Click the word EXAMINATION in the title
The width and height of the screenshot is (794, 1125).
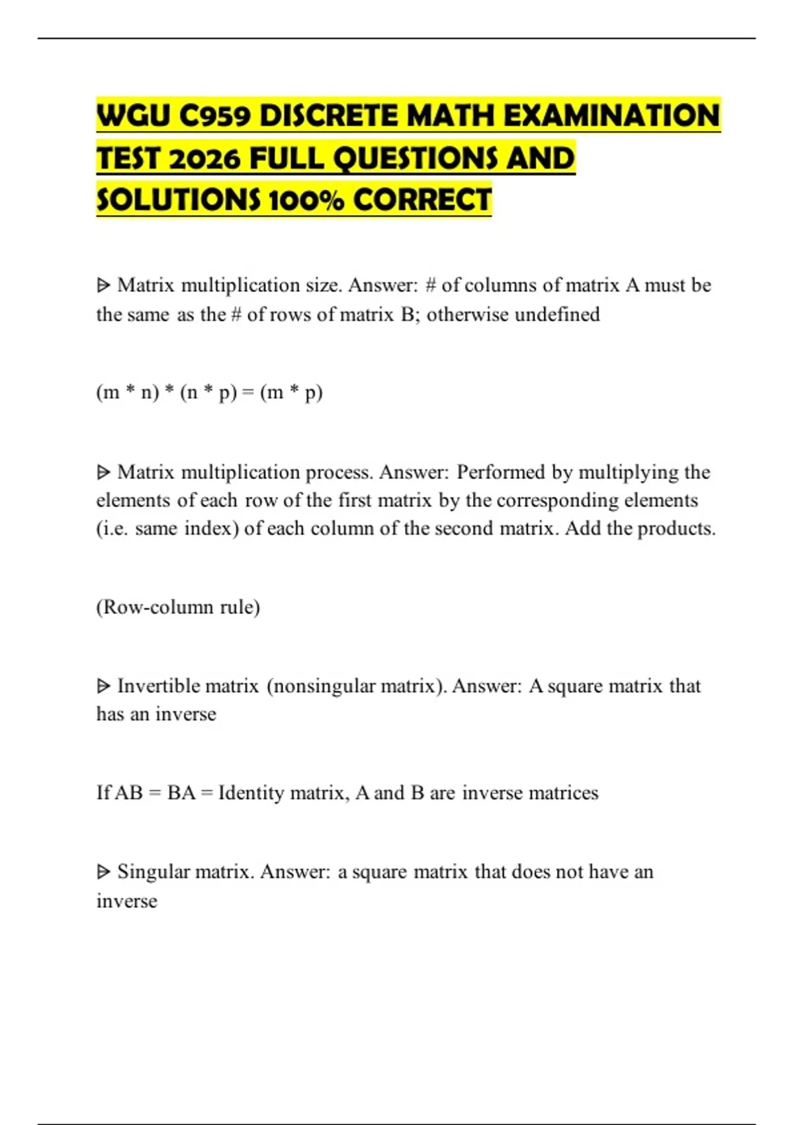click(x=611, y=116)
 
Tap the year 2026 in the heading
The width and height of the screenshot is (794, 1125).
click(x=204, y=159)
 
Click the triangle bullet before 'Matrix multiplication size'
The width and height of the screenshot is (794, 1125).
click(x=103, y=286)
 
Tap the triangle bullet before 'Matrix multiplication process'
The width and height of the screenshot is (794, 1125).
click(x=103, y=472)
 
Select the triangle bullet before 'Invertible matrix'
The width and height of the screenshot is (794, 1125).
click(x=103, y=686)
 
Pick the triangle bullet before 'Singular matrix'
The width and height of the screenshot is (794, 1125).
click(x=103, y=872)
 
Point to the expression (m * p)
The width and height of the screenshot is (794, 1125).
click(x=291, y=392)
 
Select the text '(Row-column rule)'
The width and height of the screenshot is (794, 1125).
click(x=178, y=607)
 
